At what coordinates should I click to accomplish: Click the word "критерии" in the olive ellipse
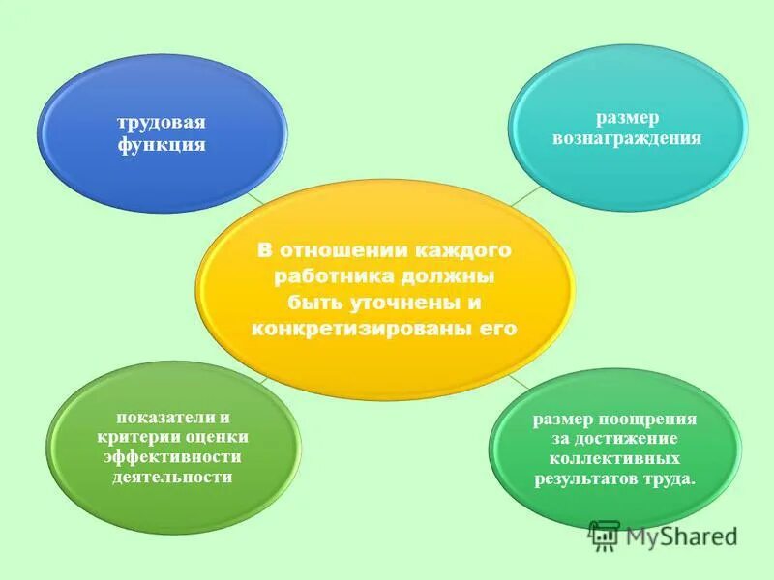click(140, 437)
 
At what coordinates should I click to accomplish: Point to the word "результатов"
click(584, 479)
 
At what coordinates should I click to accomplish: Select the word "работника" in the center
click(323, 276)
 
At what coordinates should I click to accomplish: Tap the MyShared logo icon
click(605, 535)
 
